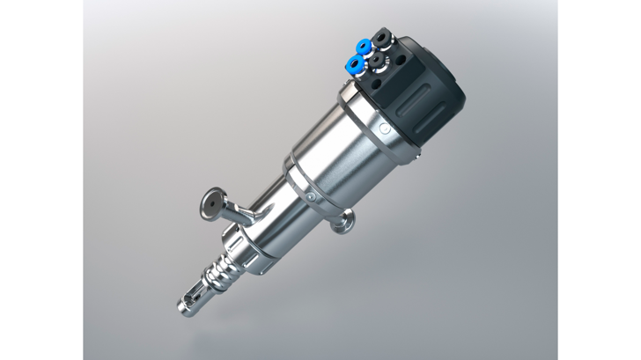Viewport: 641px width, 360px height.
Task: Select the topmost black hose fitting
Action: click(381, 37)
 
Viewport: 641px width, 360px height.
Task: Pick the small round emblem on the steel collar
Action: click(385, 129)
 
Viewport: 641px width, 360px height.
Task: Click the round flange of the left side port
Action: click(213, 202)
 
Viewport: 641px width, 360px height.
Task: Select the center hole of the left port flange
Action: click(212, 202)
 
